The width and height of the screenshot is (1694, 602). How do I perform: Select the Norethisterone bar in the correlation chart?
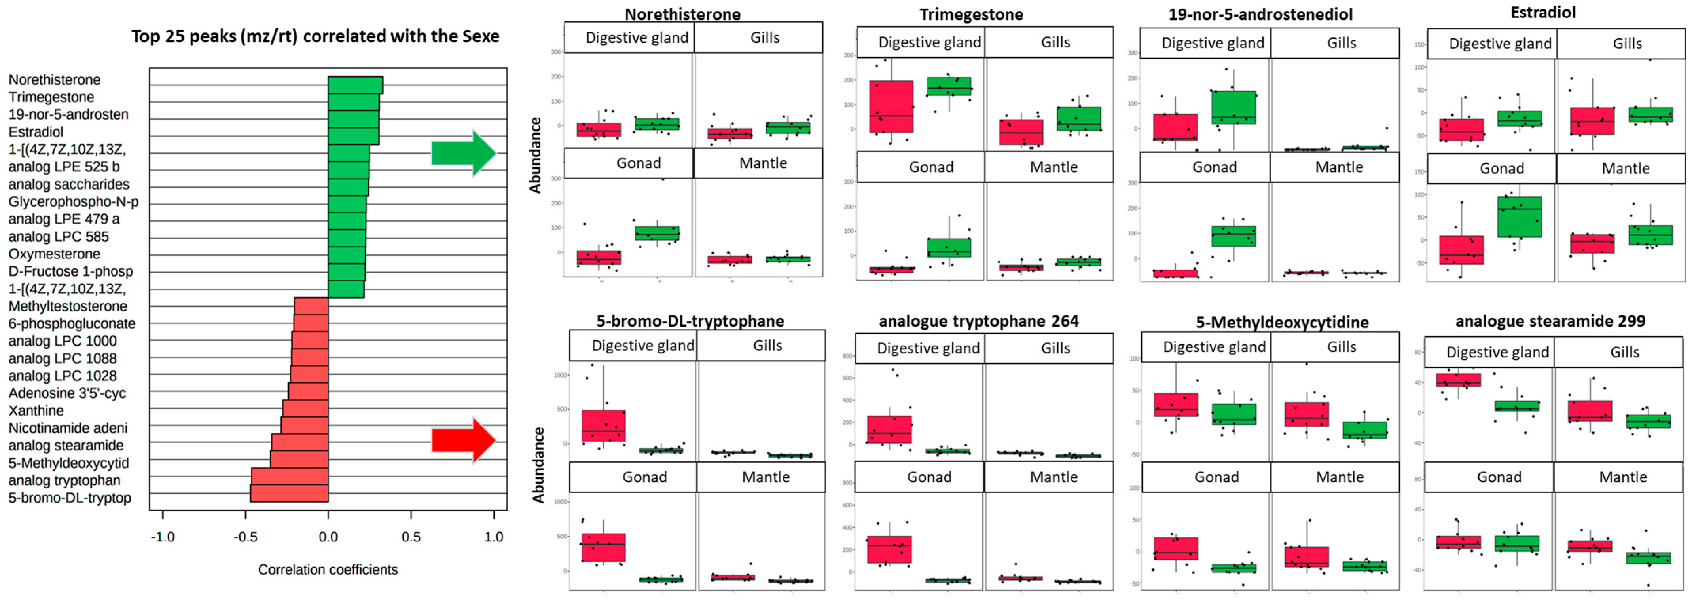[x=355, y=85]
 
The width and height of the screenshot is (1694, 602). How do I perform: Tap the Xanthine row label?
[x=36, y=410]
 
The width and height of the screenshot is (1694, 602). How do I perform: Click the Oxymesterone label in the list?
[x=55, y=254]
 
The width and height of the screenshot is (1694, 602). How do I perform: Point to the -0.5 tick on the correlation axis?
[x=245, y=537]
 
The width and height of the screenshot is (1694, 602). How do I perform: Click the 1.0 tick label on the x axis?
[x=494, y=537]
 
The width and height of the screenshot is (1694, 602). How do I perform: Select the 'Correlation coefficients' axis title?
[x=328, y=570]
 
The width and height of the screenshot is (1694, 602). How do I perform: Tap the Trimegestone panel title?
[x=971, y=15]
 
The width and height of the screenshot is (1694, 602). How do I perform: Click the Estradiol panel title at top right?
[x=1543, y=13]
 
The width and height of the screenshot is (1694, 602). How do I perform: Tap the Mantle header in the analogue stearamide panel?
[x=1623, y=477]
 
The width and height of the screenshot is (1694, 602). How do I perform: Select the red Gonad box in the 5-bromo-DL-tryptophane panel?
[x=603, y=547]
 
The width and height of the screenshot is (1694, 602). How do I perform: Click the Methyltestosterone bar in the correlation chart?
[x=311, y=306]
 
